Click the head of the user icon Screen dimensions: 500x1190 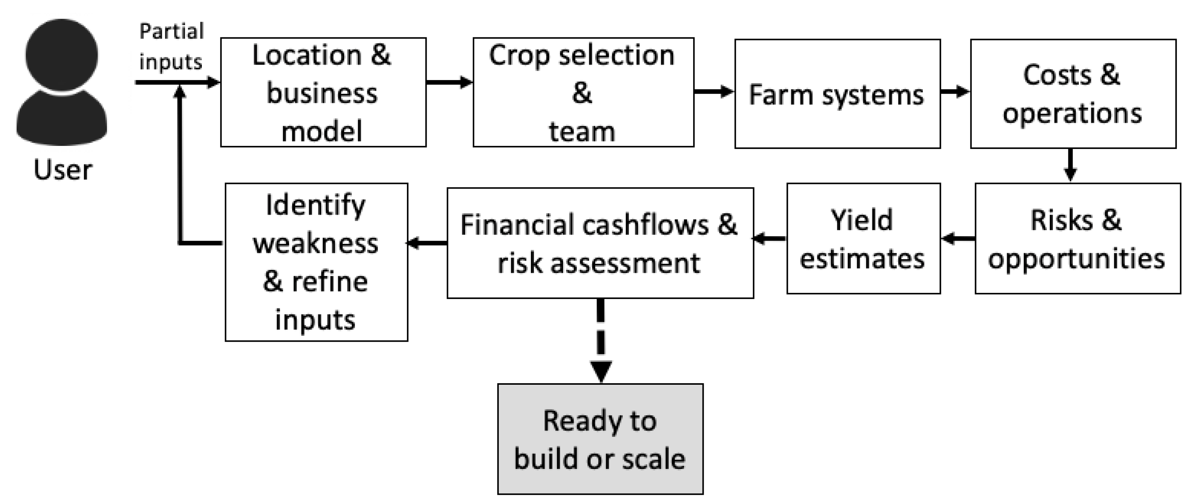[x=62, y=54]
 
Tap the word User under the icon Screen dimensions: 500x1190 [x=62, y=170]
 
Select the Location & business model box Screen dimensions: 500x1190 [x=323, y=93]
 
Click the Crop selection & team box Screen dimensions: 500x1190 [x=583, y=93]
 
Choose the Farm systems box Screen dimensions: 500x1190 [x=837, y=94]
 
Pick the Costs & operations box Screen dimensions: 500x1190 [x=1073, y=94]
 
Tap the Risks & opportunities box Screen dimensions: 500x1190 [x=1077, y=238]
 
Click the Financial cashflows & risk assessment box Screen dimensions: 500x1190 [x=600, y=243]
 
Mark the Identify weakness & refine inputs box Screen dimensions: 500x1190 [x=316, y=262]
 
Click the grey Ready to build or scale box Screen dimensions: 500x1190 [x=600, y=439]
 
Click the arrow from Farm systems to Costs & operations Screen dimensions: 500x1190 [x=955, y=91]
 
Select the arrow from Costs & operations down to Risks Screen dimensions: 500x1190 [x=1070, y=166]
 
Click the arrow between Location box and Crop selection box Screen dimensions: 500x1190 [x=449, y=83]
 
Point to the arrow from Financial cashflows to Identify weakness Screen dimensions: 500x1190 [x=427, y=243]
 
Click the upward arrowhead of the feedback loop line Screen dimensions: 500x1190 [x=180, y=93]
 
